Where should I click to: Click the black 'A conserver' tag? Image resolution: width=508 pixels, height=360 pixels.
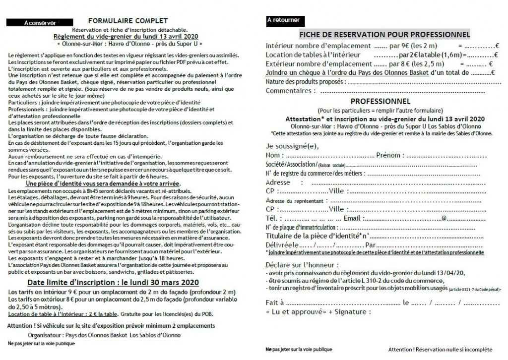(41, 23)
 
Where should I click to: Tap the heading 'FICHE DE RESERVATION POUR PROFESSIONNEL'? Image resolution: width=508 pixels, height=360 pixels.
(384, 34)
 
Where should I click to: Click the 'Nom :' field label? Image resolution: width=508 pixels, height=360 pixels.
(275, 156)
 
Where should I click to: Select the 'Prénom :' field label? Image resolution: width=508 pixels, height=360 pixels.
(390, 156)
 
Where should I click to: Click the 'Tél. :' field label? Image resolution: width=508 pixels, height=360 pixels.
(274, 218)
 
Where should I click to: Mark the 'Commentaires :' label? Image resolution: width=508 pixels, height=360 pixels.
(290, 91)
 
